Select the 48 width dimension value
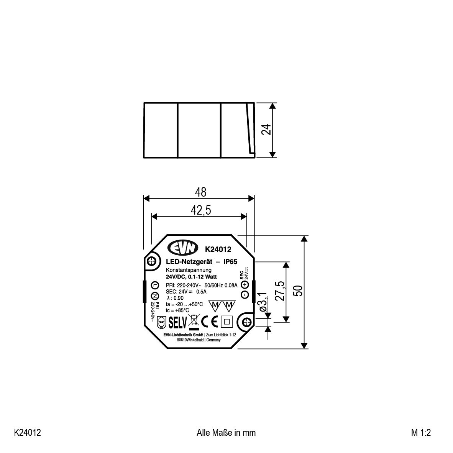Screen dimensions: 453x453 click(x=200, y=192)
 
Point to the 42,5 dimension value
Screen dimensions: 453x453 click(x=201, y=210)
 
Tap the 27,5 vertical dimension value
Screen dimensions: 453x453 click(x=280, y=291)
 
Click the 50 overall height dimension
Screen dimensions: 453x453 click(x=299, y=291)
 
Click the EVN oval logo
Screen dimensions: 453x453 click(x=183, y=248)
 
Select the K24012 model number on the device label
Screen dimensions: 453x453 click(x=218, y=249)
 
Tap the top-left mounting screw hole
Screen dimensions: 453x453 click(x=151, y=261)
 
